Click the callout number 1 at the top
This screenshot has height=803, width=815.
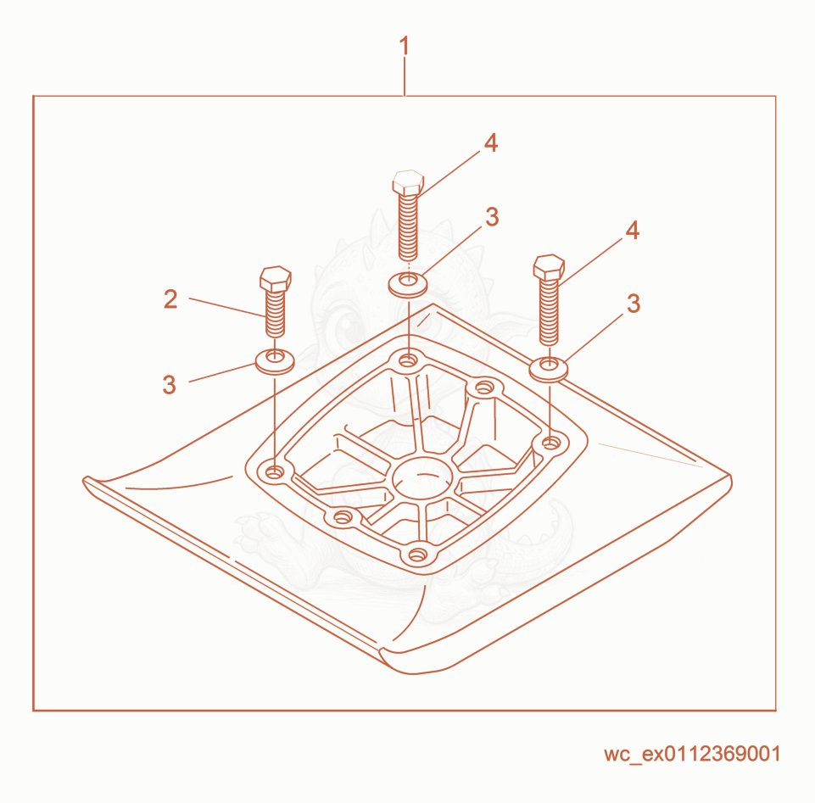click(404, 47)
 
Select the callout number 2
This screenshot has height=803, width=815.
click(170, 299)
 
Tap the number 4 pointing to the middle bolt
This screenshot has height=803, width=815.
click(491, 143)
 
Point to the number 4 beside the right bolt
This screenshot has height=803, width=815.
click(632, 231)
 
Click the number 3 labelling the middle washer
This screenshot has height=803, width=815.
click(492, 217)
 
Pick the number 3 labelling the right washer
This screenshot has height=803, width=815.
click(633, 304)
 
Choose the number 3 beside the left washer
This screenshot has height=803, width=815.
click(170, 385)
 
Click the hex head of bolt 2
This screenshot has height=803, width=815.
click(276, 279)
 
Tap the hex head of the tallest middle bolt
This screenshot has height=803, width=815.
click(408, 182)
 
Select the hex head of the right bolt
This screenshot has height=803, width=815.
click(549, 267)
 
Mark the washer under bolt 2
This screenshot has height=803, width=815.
click(275, 360)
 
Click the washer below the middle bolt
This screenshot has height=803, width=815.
click(409, 285)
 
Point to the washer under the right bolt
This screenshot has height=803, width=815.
click(549, 369)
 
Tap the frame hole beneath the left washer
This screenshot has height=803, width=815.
click(274, 472)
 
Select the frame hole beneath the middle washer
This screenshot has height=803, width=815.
click(408, 360)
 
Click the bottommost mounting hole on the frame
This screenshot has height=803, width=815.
click(417, 555)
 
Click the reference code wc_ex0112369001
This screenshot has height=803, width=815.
click(692, 754)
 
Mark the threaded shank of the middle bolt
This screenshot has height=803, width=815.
click(408, 226)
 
